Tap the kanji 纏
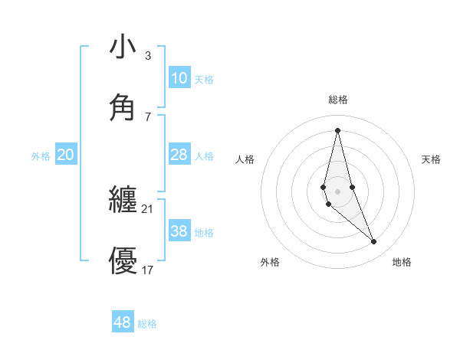coord(123,201)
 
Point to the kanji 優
coord(123,261)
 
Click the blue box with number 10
coord(179,78)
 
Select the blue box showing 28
coord(179,155)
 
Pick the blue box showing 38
coord(179,231)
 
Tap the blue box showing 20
coord(66,155)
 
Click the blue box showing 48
coord(123,322)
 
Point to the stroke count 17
coord(148,270)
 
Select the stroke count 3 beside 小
coord(148,56)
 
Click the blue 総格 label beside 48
coord(147,324)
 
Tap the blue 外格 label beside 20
coord(41,156)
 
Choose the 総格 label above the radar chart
coord(337,100)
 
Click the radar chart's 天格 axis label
coord(431,159)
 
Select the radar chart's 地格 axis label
coord(402,262)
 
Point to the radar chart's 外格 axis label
coord(270,262)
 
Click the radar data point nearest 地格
coord(374,242)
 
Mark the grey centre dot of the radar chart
coord(337,191)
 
